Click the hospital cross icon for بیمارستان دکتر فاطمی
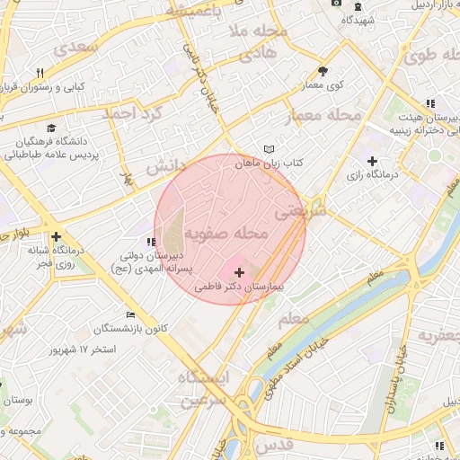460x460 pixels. tap(239, 271)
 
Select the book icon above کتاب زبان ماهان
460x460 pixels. tap(270, 149)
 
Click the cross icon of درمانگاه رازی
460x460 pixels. tap(371, 161)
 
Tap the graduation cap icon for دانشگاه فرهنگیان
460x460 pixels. tap(52, 128)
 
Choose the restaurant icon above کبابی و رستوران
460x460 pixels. tap(40, 74)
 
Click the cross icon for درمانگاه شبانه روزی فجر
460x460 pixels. tap(56, 237)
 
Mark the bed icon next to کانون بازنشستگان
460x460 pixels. tap(131, 314)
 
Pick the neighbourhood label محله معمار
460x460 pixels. tap(323, 117)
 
